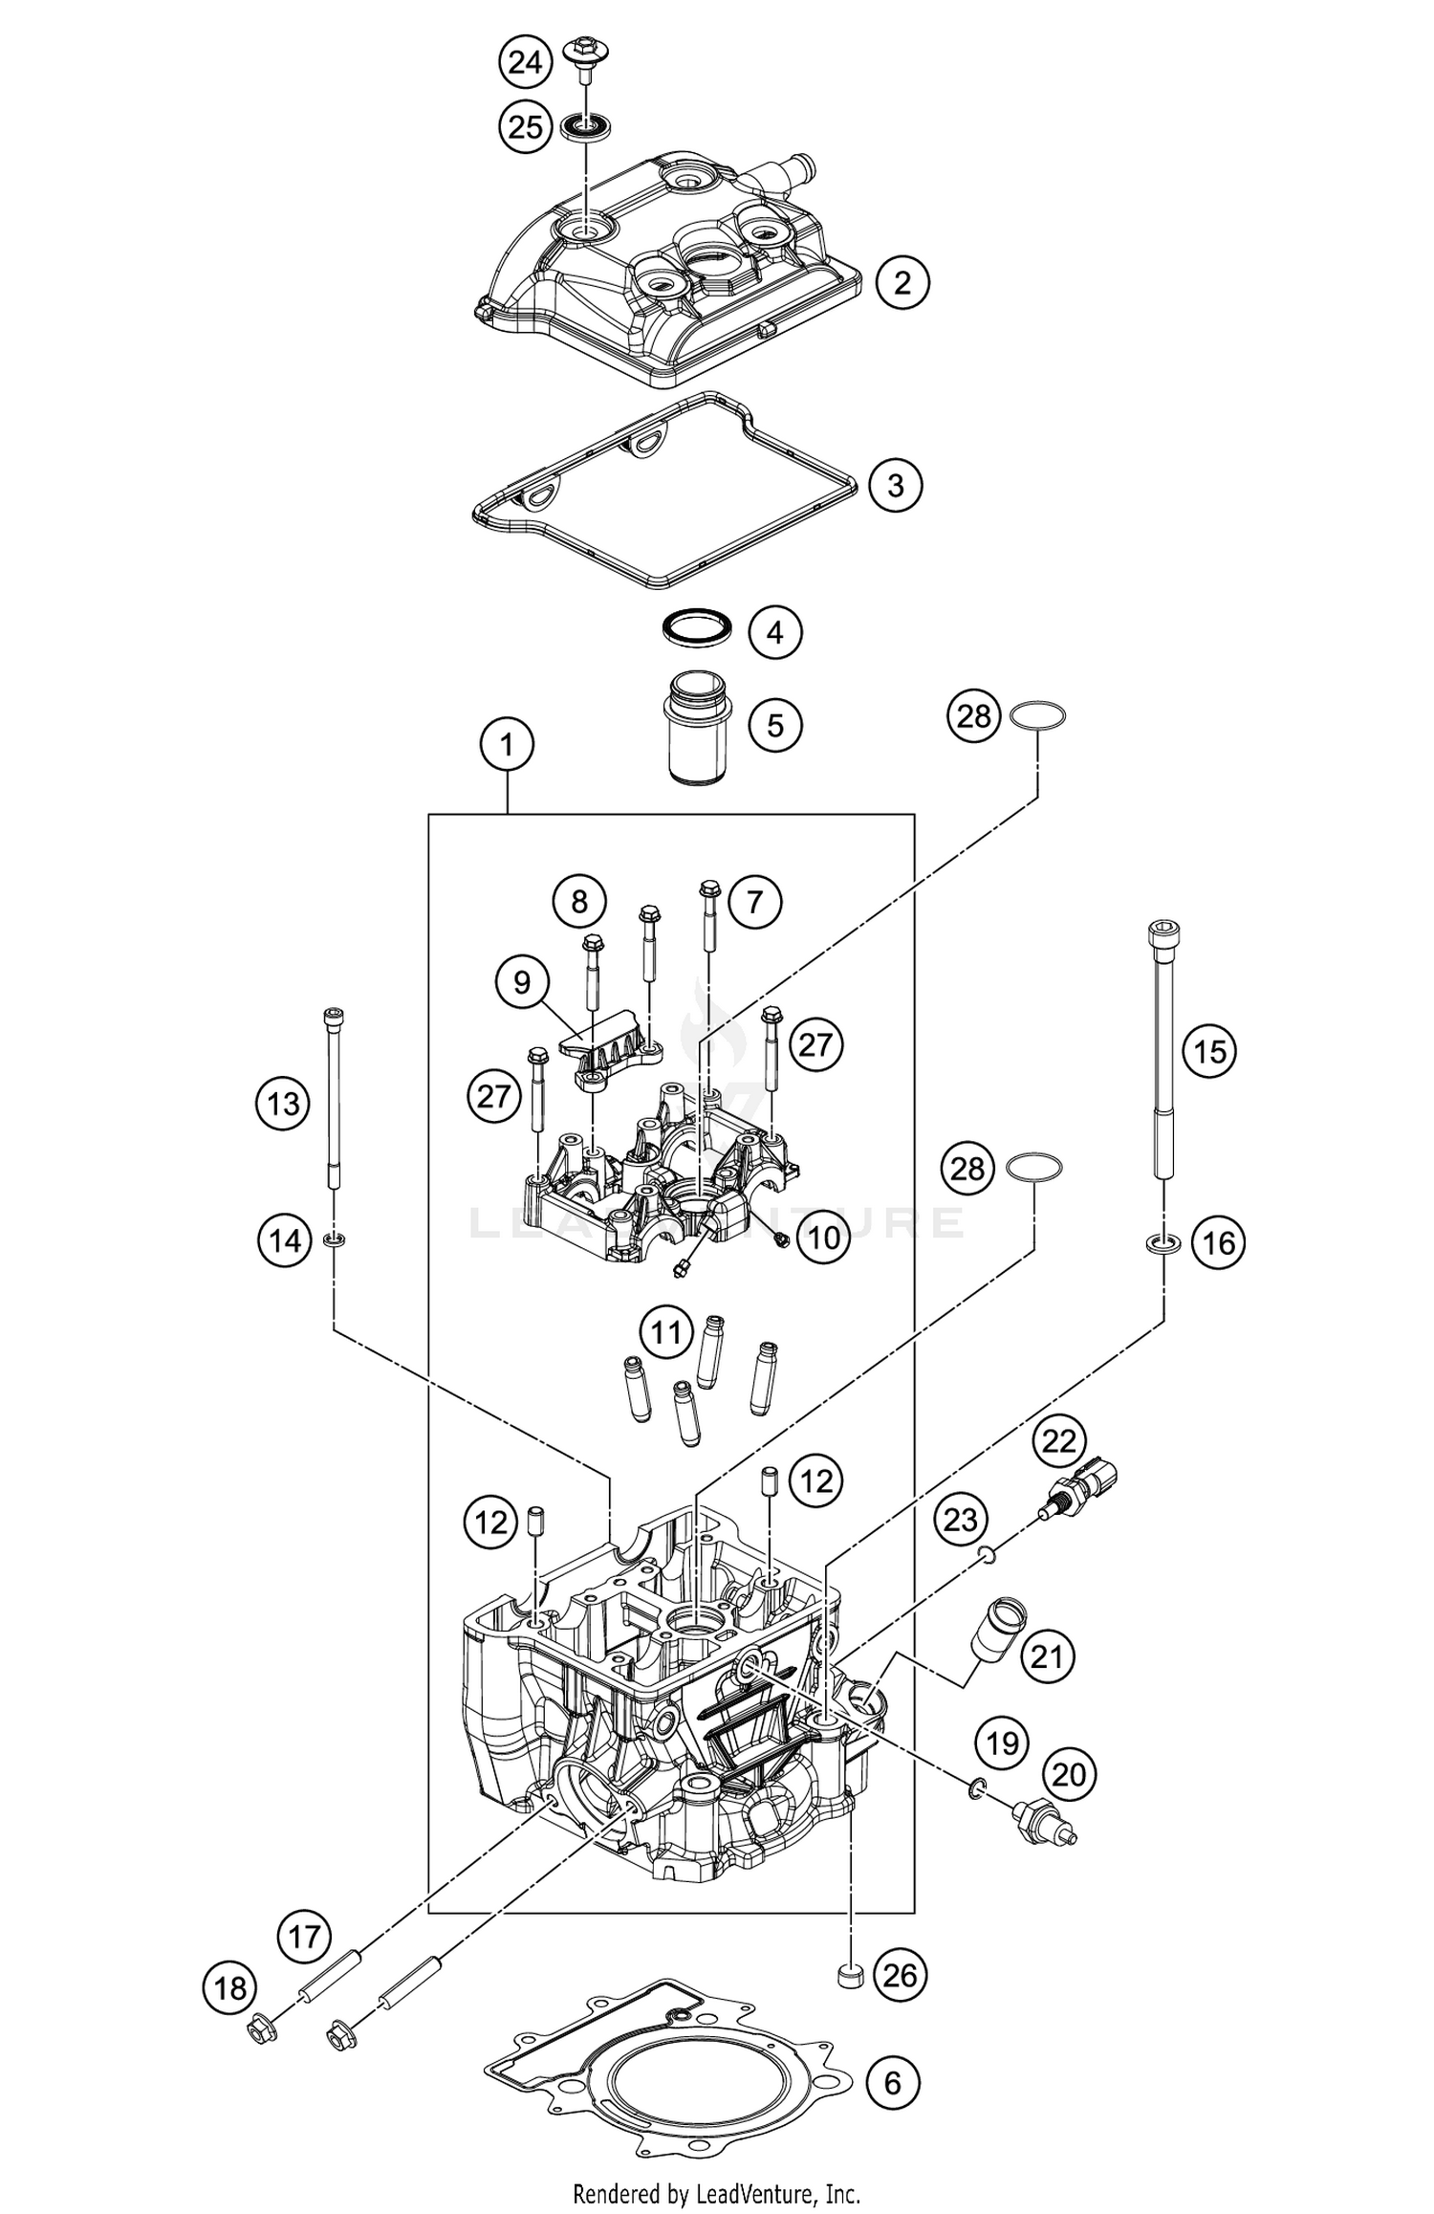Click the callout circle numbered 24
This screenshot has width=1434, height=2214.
click(525, 63)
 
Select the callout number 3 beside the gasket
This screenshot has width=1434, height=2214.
click(895, 485)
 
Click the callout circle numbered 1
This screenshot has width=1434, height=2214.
click(507, 744)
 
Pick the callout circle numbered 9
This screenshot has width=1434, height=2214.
click(521, 982)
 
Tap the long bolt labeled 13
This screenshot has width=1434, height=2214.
click(334, 1100)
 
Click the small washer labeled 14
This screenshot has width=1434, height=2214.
click(335, 1240)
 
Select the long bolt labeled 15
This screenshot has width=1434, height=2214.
click(1163, 1052)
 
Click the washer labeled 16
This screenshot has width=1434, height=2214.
click(1163, 1243)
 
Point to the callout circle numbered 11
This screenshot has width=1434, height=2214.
click(665, 1331)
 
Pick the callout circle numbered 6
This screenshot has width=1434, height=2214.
click(893, 2083)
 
